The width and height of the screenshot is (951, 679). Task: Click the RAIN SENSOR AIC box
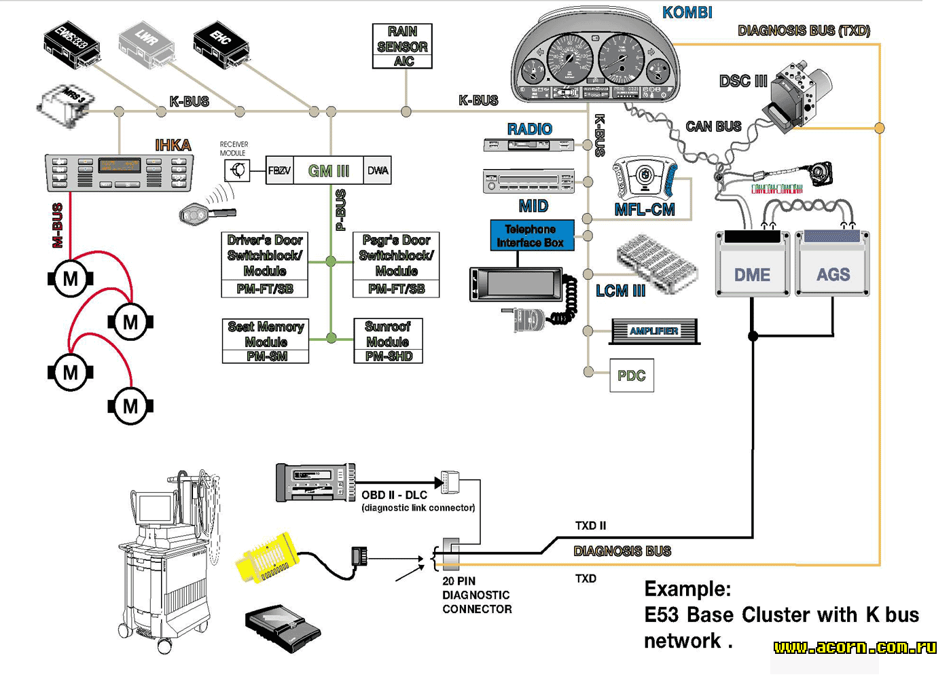tap(402, 46)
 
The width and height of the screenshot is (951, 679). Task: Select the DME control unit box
tap(753, 265)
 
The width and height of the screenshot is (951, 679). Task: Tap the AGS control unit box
tap(833, 265)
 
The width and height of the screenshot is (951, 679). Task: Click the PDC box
tap(632, 375)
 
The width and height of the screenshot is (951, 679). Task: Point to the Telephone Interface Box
tap(531, 236)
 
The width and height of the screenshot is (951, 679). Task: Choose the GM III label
tap(329, 170)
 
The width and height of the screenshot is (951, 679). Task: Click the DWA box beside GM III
tap(378, 170)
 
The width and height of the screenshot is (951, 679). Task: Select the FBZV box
tap(279, 170)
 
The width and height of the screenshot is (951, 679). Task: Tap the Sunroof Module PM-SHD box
tap(388, 341)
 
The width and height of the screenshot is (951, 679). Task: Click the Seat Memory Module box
tap(266, 341)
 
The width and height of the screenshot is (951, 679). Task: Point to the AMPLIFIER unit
tap(653, 331)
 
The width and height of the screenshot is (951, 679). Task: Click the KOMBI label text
tap(687, 12)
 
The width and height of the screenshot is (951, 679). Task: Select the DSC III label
tap(743, 81)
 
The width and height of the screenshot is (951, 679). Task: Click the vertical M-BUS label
tap(58, 225)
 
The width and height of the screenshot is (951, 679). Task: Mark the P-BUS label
tap(341, 210)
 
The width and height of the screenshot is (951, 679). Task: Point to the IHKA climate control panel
tap(119, 173)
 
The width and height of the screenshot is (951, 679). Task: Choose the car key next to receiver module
tap(206, 215)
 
